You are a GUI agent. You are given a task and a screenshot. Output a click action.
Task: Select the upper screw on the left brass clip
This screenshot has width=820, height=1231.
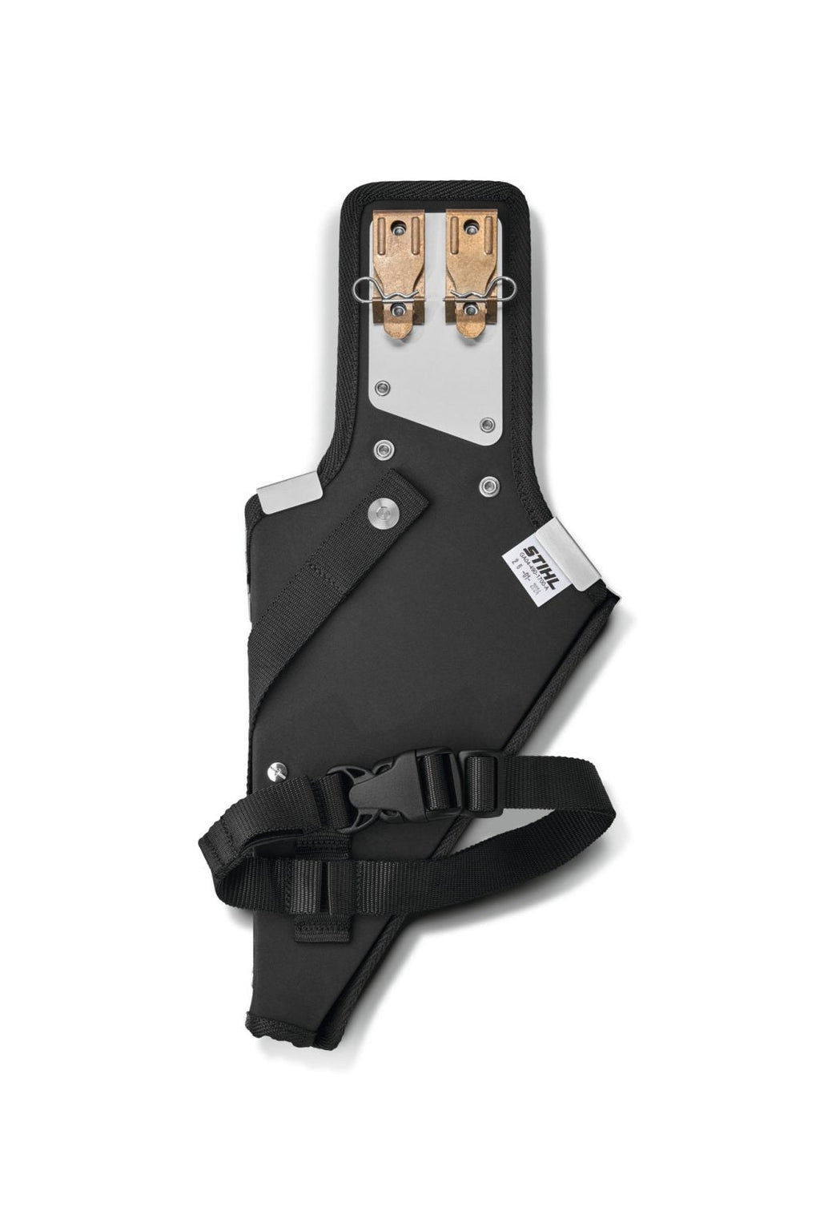coord(400,230)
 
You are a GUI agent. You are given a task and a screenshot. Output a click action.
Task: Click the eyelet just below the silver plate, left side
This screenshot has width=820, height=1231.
coord(381,446)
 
